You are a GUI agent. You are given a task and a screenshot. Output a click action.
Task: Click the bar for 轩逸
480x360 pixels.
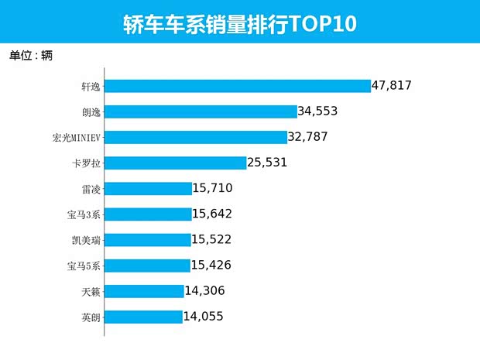click(x=238, y=86)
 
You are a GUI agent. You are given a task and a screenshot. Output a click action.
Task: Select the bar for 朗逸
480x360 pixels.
click(x=201, y=111)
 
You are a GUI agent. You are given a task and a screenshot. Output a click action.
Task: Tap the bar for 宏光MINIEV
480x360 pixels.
click(x=196, y=137)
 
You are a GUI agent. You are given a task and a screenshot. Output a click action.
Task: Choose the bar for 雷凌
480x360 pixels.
click(x=148, y=188)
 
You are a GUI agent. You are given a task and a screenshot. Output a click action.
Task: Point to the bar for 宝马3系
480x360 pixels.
click(x=148, y=214)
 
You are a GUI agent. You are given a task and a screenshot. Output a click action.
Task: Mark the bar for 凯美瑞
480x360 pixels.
click(x=147, y=240)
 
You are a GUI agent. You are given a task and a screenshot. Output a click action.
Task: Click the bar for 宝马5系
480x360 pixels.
click(x=147, y=266)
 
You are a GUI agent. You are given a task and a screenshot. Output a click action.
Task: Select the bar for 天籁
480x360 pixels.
click(x=144, y=291)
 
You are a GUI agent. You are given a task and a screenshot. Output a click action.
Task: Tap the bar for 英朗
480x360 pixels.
click(x=143, y=317)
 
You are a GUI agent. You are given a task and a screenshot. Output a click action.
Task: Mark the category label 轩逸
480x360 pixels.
click(x=91, y=86)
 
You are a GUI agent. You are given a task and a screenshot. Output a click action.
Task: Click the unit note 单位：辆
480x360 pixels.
click(x=31, y=56)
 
